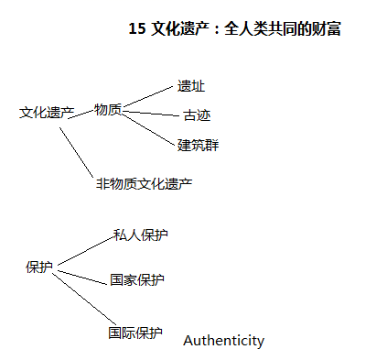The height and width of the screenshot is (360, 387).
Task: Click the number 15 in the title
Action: click(138, 29)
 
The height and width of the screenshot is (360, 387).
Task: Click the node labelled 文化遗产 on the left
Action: click(47, 113)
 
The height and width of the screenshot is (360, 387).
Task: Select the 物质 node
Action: click(107, 109)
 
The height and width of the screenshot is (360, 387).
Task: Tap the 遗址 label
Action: click(191, 86)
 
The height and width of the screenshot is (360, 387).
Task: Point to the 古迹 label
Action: click(197, 115)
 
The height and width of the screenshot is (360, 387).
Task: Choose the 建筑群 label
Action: click(198, 145)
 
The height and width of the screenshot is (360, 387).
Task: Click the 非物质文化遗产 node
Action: click(144, 183)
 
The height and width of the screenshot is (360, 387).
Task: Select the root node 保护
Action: click(39, 267)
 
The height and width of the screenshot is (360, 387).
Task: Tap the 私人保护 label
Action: click(141, 235)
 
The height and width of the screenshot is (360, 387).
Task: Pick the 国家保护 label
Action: click(136, 280)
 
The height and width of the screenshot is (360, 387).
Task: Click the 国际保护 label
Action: click(135, 333)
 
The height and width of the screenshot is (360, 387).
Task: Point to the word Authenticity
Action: click(223, 341)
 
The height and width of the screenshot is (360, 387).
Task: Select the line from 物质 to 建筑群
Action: click(150, 126)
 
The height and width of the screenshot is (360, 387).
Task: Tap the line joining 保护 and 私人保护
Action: click(82, 251)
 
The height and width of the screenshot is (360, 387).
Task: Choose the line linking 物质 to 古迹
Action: click(151, 114)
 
